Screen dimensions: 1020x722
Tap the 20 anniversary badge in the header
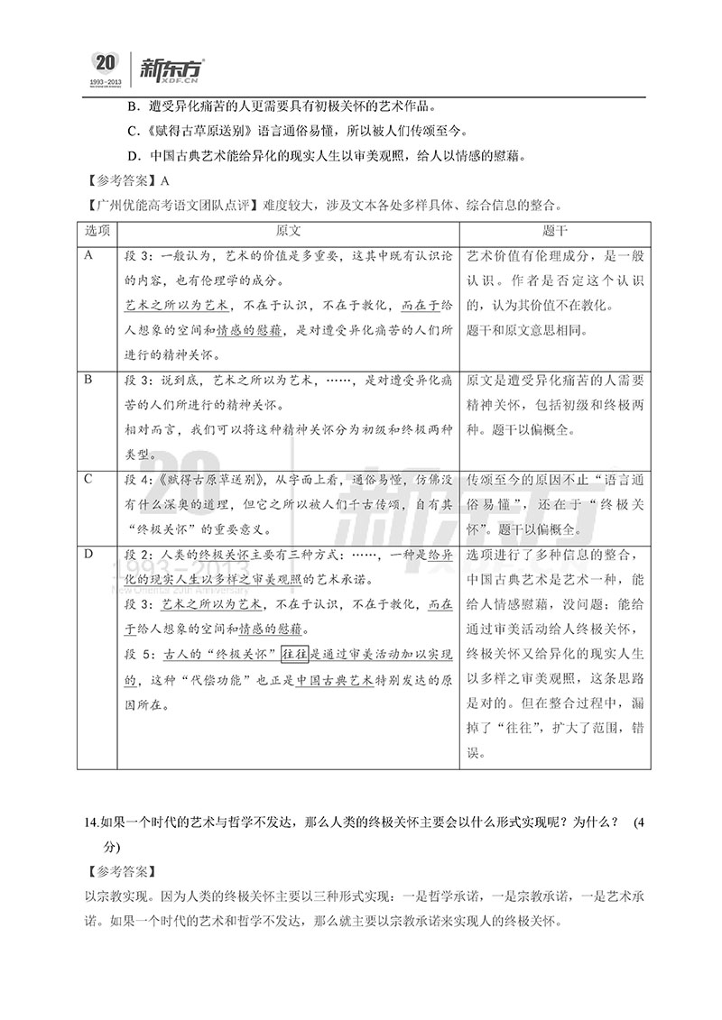pos(106,62)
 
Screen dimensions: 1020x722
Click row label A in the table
pos(89,256)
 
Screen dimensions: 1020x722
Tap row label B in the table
pos(89,380)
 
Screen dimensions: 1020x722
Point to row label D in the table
pos(89,553)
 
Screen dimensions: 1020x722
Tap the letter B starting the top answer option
pos(133,106)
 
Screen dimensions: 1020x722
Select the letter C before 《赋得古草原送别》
pos(133,130)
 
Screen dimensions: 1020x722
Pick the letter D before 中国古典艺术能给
pos(133,154)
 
